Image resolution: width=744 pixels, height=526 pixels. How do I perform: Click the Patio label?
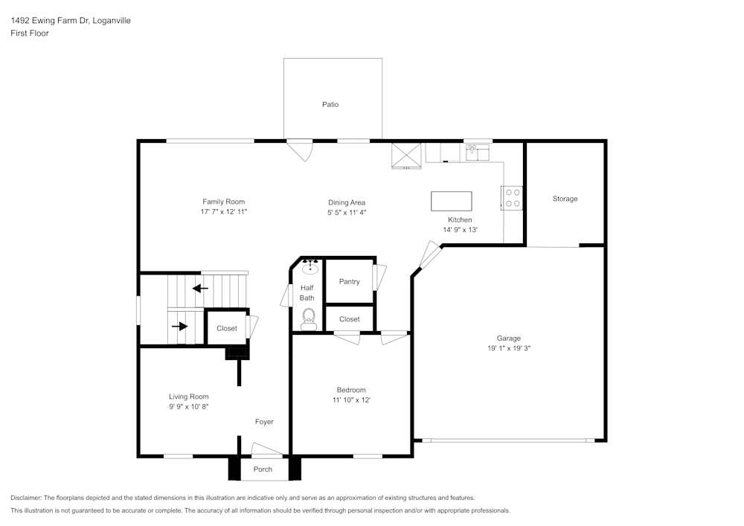tap(330, 104)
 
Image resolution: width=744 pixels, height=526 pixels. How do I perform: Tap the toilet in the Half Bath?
tap(309, 320)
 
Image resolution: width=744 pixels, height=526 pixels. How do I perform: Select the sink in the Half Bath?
tap(310, 268)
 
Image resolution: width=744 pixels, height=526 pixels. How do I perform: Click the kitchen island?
tap(452, 201)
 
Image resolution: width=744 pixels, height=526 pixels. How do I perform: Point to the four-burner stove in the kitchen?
tap(513, 197)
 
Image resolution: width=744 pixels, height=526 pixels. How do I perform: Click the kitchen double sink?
tap(477, 153)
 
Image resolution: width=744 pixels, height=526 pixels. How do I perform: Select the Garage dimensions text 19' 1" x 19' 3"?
tap(509, 347)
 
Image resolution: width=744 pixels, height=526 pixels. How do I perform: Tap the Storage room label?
tap(565, 199)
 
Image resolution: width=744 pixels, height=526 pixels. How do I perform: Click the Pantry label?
tap(349, 281)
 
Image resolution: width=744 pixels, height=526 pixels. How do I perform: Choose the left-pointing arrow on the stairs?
tap(199, 288)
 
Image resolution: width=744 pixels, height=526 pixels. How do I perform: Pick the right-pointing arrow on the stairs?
tap(179, 325)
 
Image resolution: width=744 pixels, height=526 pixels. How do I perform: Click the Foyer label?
tap(264, 422)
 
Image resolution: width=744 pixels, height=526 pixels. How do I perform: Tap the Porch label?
tap(263, 469)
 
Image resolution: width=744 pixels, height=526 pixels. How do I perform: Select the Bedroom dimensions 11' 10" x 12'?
tap(351, 400)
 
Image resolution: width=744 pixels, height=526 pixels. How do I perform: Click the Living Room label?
tap(188, 397)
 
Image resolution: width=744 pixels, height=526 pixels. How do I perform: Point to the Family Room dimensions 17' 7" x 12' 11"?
tap(223, 211)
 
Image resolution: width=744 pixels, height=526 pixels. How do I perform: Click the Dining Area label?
tap(347, 202)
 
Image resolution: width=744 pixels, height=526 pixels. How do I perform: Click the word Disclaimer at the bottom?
tap(27, 498)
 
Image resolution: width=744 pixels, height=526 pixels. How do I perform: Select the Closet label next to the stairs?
tap(227, 328)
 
